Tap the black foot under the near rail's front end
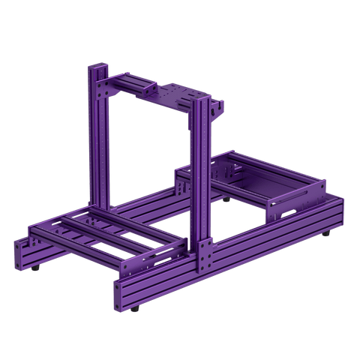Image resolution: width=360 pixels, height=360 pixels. [x=136, y=307]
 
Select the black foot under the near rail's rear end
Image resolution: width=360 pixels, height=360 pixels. [x=327, y=234]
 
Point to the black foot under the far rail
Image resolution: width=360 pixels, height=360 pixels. [x=226, y=199]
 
